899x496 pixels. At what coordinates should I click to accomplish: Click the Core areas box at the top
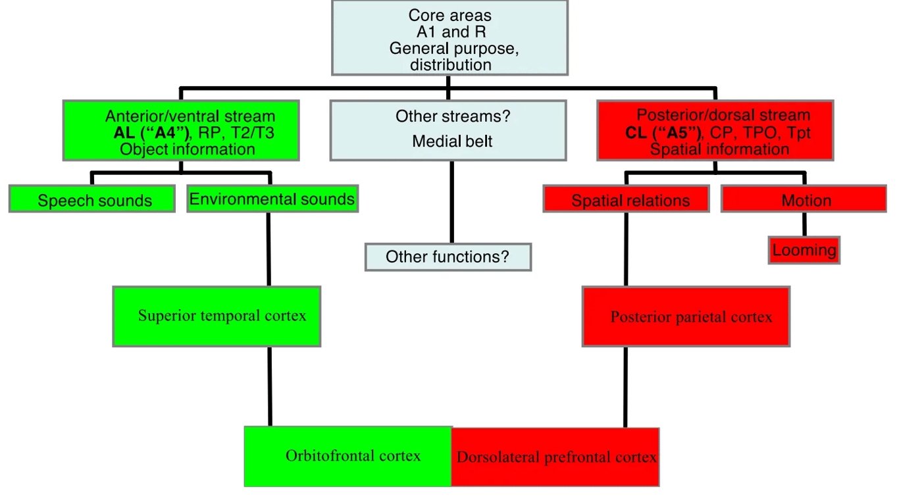click(x=449, y=38)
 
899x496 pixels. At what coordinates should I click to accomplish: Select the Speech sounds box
click(x=92, y=199)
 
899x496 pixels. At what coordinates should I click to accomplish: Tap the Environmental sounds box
click(x=272, y=199)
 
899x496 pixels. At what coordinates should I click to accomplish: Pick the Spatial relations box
click(x=627, y=199)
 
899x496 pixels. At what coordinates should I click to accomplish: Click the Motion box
click(x=804, y=199)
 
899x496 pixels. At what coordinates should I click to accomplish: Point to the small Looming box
click(x=804, y=250)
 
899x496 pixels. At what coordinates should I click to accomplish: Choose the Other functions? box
click(x=448, y=257)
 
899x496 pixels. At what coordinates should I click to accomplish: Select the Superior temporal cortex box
click(x=217, y=316)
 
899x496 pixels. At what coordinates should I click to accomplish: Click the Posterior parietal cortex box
click(x=686, y=316)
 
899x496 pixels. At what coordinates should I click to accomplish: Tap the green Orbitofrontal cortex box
click(x=348, y=456)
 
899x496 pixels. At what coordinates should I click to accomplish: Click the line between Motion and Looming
click(x=804, y=224)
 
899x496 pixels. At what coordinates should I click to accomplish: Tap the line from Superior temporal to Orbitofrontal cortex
click(x=269, y=386)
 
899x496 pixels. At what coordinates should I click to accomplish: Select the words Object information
click(x=188, y=149)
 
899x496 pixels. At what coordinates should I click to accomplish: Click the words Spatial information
click(x=719, y=149)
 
